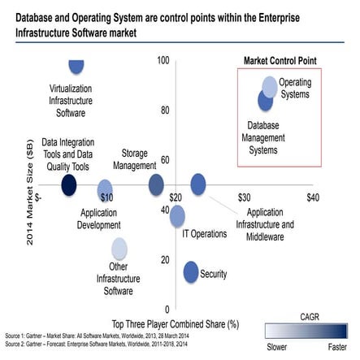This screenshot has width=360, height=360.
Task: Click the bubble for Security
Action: click(x=191, y=272)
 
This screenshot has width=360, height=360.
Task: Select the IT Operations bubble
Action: click(x=177, y=215)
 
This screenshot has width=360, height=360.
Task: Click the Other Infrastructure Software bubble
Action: click(x=119, y=248)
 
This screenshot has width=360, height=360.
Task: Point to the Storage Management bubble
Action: click(x=156, y=185)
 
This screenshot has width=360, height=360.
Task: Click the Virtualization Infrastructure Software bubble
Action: click(x=77, y=65)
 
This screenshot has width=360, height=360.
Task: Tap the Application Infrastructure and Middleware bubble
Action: click(x=198, y=184)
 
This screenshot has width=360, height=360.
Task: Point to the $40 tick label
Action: click(x=312, y=197)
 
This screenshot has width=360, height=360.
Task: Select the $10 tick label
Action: click(x=105, y=197)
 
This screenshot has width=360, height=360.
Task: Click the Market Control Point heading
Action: click(x=280, y=60)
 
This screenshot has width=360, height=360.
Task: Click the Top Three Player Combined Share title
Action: click(x=173, y=323)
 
